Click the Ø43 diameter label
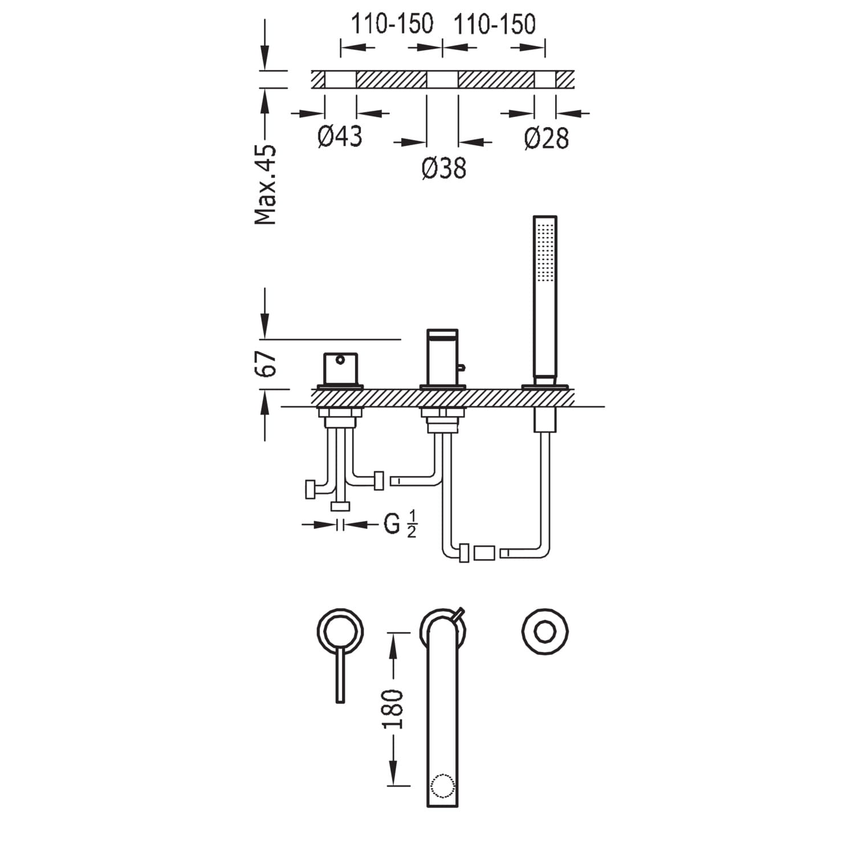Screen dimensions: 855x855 tap(340, 137)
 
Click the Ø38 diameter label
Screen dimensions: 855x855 tap(444, 168)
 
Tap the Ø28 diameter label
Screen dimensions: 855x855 tap(547, 139)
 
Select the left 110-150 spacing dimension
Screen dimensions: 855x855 tap(392, 25)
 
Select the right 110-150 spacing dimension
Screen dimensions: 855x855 tap(494, 25)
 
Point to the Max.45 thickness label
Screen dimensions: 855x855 tap(266, 184)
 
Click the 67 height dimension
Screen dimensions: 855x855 tap(266, 363)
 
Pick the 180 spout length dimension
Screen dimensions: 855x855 tap(393, 709)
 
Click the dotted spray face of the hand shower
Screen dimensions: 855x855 tap(545, 251)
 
